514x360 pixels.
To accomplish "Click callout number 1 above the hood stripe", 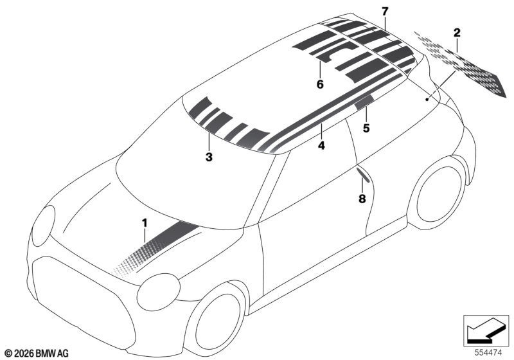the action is [x=145, y=223].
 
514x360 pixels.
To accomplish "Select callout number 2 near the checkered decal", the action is [x=457, y=33].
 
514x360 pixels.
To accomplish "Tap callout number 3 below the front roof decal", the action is [x=209, y=157].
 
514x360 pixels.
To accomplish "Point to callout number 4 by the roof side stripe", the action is [x=322, y=145].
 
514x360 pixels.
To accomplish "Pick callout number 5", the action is [x=366, y=128].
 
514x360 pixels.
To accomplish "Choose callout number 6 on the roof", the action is [x=320, y=84].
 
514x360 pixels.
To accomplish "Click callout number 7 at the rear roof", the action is [x=385, y=12].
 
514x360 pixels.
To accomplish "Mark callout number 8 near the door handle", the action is [x=362, y=199].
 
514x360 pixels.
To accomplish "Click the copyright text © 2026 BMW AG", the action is [x=37, y=354].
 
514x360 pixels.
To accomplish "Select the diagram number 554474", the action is [x=488, y=353].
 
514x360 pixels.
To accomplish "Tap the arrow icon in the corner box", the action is [x=486, y=330].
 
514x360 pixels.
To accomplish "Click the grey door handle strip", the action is [x=362, y=175].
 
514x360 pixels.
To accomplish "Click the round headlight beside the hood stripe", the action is [x=158, y=292].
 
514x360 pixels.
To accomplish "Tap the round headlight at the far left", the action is [x=44, y=226].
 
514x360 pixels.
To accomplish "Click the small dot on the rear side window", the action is [x=427, y=99].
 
